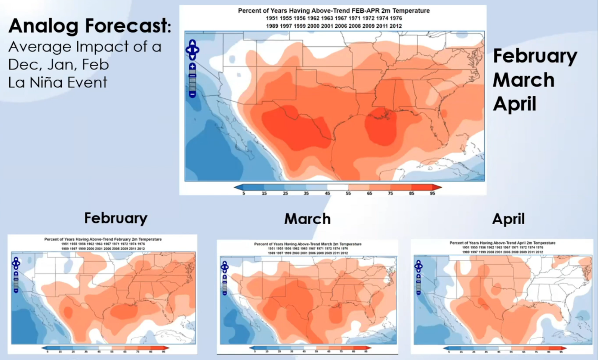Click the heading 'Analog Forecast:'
90,26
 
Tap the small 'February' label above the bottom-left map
115,218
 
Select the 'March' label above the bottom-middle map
307,219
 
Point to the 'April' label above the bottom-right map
508,219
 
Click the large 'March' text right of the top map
523,80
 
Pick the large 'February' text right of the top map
535,56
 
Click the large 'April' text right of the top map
514,104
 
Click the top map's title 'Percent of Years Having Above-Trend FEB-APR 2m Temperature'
334,11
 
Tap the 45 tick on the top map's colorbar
327,193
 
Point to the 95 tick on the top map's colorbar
432,193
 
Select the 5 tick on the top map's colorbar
244,193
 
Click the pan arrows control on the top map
192,49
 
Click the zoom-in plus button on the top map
192,66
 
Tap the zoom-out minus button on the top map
192,95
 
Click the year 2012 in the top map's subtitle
396,26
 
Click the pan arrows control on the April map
418,266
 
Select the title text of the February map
103,239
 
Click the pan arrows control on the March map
224,267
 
